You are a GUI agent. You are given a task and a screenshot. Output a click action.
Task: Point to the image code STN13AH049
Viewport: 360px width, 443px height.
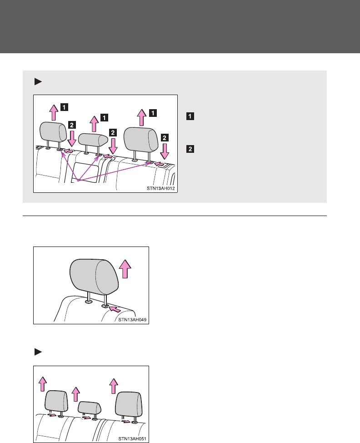pos(132,320)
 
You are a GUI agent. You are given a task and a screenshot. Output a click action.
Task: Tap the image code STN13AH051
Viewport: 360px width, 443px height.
pos(132,439)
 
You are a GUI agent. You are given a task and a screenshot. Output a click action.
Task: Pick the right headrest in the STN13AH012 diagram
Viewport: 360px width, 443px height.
pos(140,139)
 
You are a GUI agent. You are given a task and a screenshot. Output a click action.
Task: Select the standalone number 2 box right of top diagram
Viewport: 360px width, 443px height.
pos(189,148)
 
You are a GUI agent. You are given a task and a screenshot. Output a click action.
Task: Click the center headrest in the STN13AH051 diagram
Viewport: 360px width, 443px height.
pos(89,408)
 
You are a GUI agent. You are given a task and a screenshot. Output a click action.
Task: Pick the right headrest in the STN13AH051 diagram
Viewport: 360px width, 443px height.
pos(129,403)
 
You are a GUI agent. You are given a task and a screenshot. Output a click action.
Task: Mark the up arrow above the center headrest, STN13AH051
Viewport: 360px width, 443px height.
pos(76,394)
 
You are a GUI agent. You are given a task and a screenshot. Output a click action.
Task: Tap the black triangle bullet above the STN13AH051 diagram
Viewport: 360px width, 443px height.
pos(38,352)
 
